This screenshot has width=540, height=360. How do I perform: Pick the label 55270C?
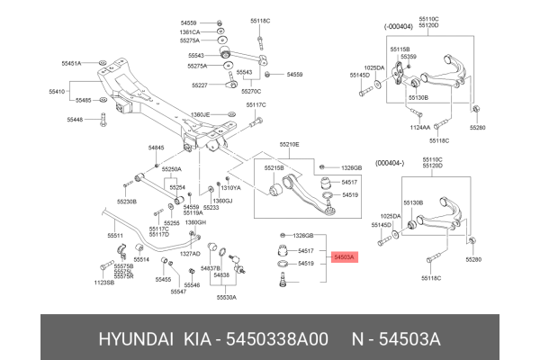tap(251, 92)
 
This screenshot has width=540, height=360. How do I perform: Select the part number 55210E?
tap(290, 144)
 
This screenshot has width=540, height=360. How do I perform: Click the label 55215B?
tap(273, 167)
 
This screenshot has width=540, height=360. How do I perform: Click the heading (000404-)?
tap(391, 162)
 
